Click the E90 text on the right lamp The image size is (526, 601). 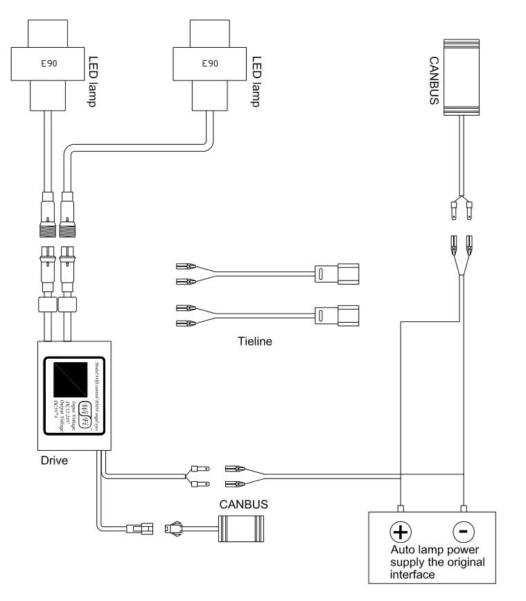(210, 63)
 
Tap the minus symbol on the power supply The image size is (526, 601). (463, 531)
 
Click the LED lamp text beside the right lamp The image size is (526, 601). (256, 77)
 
